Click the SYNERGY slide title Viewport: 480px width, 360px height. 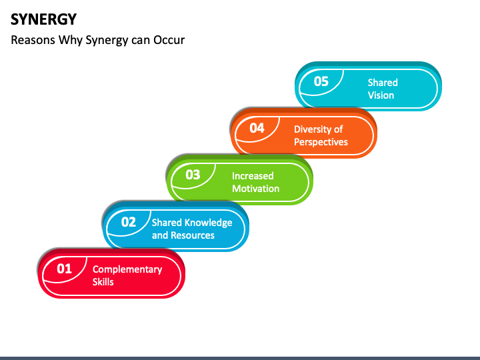(43, 19)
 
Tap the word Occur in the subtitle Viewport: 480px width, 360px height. (169, 40)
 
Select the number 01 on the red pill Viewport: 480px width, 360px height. (63, 269)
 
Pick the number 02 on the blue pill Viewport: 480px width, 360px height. (128, 222)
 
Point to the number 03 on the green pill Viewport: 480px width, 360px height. (193, 175)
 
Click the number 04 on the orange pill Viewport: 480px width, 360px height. (257, 129)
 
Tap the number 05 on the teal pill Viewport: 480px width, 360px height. (321, 81)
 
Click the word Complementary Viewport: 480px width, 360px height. (127, 269)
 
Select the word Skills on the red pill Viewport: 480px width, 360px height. (103, 282)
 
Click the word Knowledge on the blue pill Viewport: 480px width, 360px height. (208, 223)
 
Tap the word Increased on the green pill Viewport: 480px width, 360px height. (253, 176)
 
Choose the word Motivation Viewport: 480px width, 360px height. (255, 189)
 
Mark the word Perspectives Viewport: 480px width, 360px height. (321, 142)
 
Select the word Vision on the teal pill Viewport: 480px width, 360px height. (381, 95)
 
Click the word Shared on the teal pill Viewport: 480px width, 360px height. (383, 83)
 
